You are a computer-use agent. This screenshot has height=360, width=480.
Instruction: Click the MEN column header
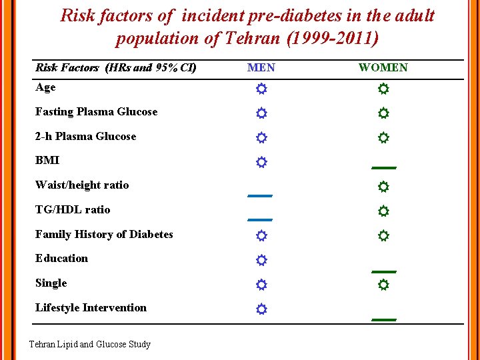coord(261,67)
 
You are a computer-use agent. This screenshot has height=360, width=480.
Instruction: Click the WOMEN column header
coord(383,67)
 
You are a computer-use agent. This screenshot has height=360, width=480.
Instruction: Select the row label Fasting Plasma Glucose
coord(96,112)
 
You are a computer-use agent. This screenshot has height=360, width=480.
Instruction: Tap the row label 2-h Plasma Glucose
coord(85,137)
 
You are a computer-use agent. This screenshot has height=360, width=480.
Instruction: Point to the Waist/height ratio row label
coord(82,185)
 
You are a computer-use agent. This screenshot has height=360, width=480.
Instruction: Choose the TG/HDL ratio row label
coord(73,210)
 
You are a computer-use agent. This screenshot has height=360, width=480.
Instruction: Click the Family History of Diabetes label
coord(104,235)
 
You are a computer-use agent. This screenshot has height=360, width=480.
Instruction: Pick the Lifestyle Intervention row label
coord(91,308)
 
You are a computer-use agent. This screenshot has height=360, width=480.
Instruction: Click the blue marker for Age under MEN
coord(261,89)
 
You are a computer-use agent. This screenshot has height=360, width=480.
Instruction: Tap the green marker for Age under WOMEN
coord(383,89)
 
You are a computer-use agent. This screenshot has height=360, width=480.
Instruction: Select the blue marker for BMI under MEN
coord(261,162)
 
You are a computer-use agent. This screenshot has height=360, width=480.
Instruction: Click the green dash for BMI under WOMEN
coord(384,167)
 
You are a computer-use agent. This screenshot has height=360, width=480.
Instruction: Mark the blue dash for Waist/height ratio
coord(260,196)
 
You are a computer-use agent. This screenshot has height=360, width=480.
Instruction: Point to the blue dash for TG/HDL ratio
coord(260,219)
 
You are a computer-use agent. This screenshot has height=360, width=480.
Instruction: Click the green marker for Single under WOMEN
coord(383,285)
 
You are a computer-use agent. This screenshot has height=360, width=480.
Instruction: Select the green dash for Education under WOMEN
coord(384,271)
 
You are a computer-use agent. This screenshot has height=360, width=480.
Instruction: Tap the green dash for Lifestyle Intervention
coord(384,320)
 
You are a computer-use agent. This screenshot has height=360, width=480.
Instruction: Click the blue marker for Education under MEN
coord(261,260)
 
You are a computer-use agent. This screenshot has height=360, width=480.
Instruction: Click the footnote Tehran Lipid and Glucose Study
coord(90,345)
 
